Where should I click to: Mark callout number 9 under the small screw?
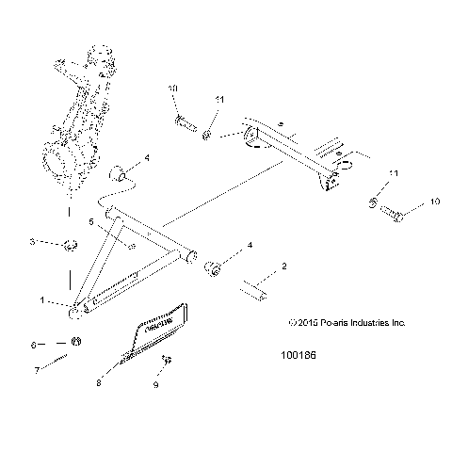pyautogui.click(x=156, y=384)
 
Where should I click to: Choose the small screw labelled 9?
pyautogui.click(x=165, y=361)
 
